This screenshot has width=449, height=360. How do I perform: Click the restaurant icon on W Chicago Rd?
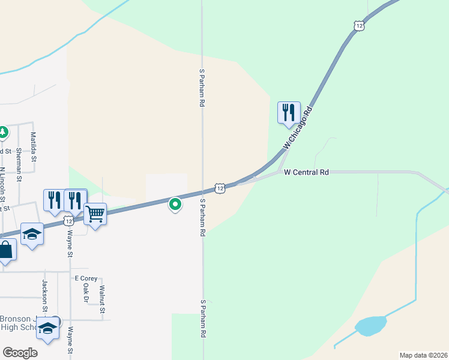[289, 112]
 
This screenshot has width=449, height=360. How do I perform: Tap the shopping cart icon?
[95, 214]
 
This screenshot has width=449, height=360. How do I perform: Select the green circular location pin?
[175, 205]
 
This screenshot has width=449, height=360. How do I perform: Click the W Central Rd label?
[307, 173]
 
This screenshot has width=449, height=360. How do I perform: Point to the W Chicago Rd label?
[298, 128]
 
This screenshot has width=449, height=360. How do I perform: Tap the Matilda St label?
[34, 146]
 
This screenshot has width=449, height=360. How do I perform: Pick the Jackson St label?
[44, 292]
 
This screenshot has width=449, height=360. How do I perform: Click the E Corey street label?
[85, 278]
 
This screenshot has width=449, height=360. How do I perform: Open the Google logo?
[20, 352]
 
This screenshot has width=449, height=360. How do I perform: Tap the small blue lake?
[370, 326]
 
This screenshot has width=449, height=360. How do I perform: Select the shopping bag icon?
[5, 250]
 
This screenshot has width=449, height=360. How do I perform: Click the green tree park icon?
[2, 131]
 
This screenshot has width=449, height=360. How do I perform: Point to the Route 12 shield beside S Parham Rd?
[220, 188]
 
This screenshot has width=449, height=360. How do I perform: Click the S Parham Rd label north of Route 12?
[202, 88]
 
